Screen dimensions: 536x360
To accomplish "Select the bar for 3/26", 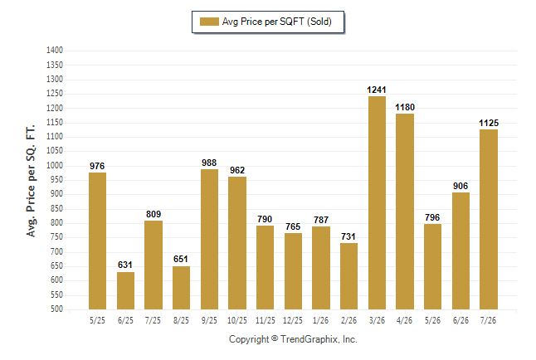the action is (x=377, y=202).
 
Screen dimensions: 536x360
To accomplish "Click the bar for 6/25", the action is (x=125, y=290).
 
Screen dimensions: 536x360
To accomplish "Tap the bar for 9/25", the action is (x=209, y=240).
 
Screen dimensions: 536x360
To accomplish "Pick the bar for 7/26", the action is (x=489, y=220).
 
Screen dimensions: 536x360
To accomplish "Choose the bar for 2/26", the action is (x=348, y=276).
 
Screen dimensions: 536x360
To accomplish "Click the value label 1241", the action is (x=377, y=90).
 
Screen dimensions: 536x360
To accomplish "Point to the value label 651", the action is (x=181, y=259).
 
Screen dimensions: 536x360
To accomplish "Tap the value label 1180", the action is (x=405, y=107).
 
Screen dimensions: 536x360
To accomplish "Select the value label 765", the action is (x=293, y=226).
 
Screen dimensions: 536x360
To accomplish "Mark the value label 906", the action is (x=460, y=186).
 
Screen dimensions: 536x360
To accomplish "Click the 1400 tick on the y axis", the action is (x=55, y=51).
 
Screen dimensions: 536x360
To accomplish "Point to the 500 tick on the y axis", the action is (x=56, y=309).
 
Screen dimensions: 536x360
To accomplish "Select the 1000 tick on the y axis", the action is (x=55, y=165).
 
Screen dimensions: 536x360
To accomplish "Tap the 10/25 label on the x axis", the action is (x=237, y=320).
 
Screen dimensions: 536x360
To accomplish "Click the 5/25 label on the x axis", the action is (x=97, y=320).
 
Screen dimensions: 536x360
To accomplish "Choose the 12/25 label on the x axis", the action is (x=293, y=320).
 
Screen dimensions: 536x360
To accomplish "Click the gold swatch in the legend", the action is (x=209, y=22).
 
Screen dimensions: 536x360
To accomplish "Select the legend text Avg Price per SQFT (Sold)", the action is (x=277, y=22).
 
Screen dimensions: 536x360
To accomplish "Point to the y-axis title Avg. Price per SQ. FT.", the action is (x=31, y=181).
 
